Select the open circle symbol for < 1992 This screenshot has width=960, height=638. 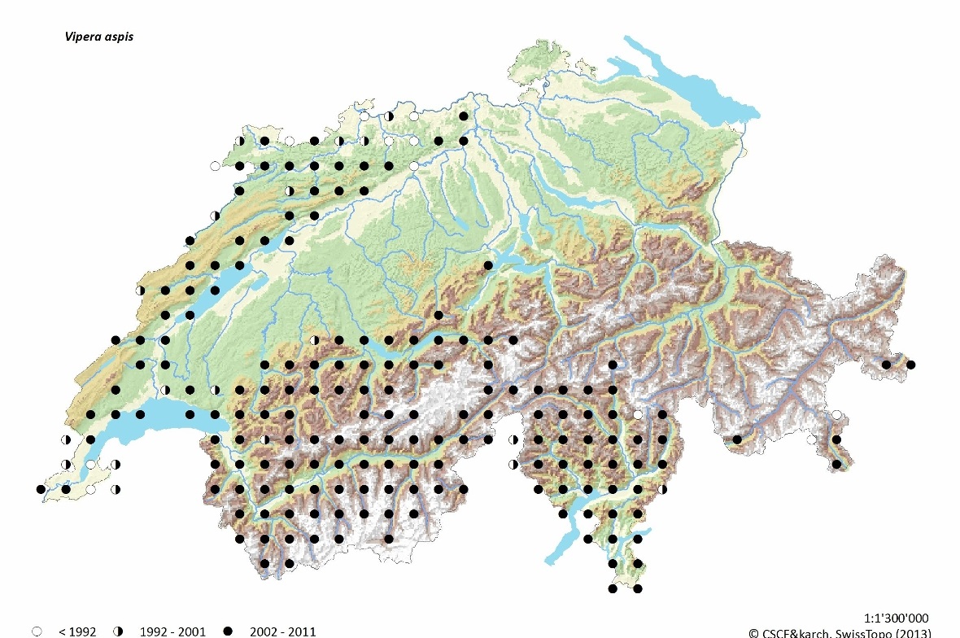click(37, 631)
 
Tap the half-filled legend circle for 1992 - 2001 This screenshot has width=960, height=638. click(118, 631)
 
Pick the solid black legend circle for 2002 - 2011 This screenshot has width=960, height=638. click(228, 631)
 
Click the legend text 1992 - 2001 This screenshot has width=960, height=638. click(172, 631)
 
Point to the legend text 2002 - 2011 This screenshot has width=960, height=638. click(282, 631)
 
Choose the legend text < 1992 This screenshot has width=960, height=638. click(77, 631)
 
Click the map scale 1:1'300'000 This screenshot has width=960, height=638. click(892, 618)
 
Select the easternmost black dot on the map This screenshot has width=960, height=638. click(911, 365)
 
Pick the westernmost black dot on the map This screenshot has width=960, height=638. click(41, 489)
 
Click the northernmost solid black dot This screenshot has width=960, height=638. click(464, 116)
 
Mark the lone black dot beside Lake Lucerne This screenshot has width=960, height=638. click(488, 265)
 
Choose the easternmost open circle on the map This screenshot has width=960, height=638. click(836, 415)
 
